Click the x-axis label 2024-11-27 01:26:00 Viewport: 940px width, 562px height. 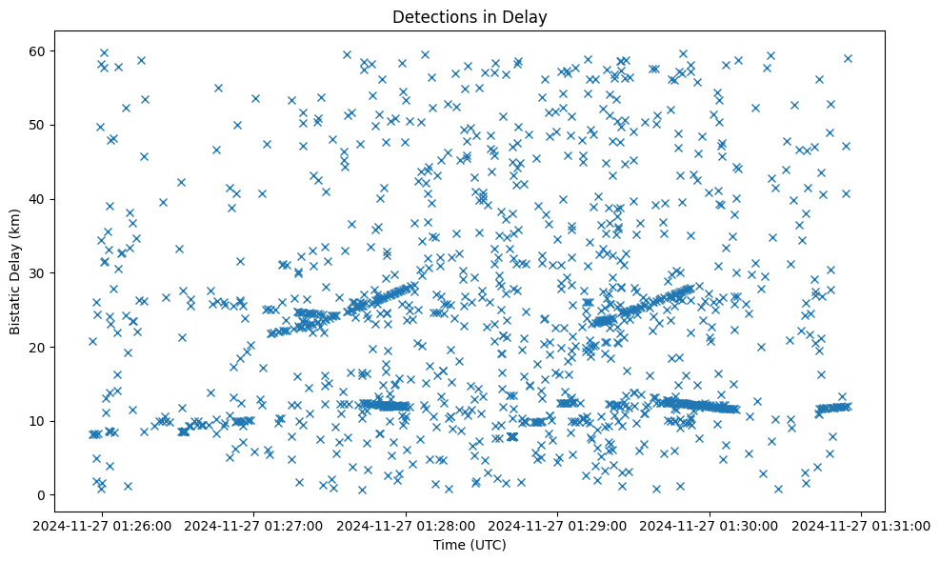tap(103, 526)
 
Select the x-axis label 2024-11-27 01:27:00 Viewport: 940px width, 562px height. tap(255, 526)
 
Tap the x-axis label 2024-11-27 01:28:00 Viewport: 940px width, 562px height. tap(407, 526)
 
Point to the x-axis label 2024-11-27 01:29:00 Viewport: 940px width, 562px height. tap(559, 526)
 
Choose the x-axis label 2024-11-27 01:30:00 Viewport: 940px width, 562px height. tap(710, 526)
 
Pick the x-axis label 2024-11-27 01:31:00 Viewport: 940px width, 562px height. tap(863, 526)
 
